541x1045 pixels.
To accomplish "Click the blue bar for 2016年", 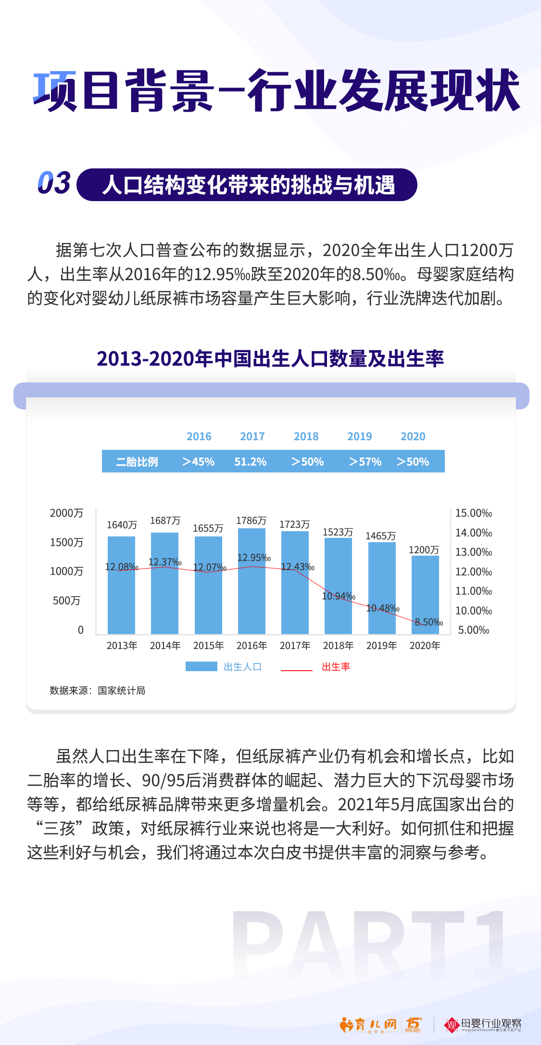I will point(252,597).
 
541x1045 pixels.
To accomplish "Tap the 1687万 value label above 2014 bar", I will point(165,521).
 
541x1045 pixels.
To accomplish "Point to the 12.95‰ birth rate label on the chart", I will point(254,558).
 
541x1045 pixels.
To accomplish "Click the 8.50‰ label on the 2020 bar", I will point(428,622).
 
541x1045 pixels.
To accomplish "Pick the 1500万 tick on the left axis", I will point(66,542).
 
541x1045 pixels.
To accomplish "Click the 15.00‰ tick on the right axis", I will point(474,513).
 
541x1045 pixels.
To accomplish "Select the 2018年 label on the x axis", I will point(338,646).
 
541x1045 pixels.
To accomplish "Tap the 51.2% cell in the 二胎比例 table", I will point(250,462).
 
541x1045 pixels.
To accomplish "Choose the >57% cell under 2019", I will point(365,462).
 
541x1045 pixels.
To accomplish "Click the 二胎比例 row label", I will point(137,462).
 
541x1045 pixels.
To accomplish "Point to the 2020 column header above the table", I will point(413,436).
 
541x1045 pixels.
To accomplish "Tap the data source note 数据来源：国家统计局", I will point(98,690).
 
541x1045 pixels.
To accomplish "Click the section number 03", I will point(54,183).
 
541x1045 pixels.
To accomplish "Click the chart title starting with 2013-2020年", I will point(270,359).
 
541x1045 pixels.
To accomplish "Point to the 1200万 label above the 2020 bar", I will point(424,550).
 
